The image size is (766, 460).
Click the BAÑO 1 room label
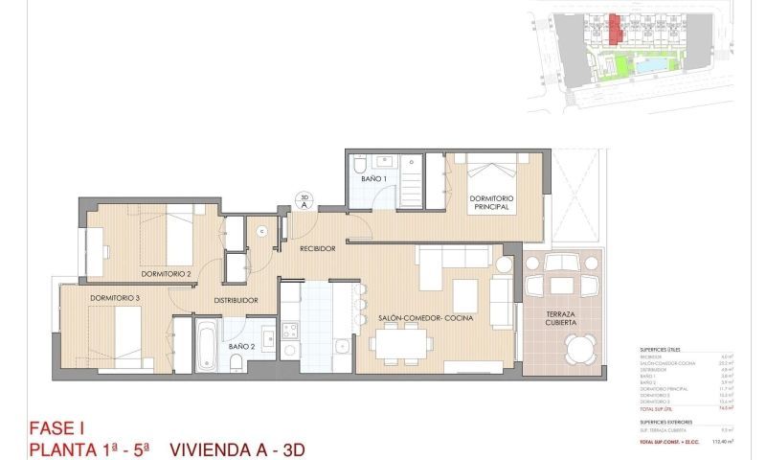click(x=373, y=179)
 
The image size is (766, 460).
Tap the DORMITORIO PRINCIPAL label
click(x=492, y=202)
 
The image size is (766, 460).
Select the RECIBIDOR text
click(x=317, y=248)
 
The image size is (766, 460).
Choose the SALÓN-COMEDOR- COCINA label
click(x=426, y=318)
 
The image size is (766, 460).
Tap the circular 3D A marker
click(x=304, y=199)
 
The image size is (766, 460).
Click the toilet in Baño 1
click(x=360, y=164)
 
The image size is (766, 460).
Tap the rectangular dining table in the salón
click(x=401, y=342)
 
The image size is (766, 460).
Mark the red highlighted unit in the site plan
click(x=614, y=31)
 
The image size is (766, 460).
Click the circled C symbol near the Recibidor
click(x=261, y=230)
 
